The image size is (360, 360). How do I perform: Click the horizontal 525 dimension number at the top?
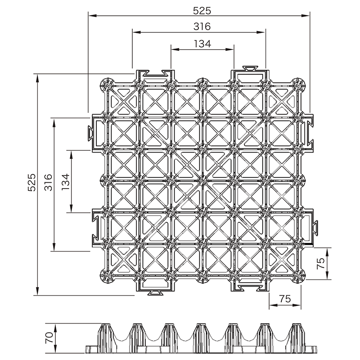pos(202,11)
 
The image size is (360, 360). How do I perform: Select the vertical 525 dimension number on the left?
pos(31,183)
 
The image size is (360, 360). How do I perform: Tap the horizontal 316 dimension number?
pos(202,27)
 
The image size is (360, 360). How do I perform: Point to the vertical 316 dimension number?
pos(48,183)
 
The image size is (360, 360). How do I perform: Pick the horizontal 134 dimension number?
pos(202,44)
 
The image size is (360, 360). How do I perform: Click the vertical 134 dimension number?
pos(65,182)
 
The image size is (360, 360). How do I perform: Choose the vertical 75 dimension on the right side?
pos(321,263)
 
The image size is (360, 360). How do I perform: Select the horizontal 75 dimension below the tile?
pos(285,299)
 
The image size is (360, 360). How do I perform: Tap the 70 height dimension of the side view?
pos(49,338)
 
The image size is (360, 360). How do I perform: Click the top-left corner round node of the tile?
pos(107,85)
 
